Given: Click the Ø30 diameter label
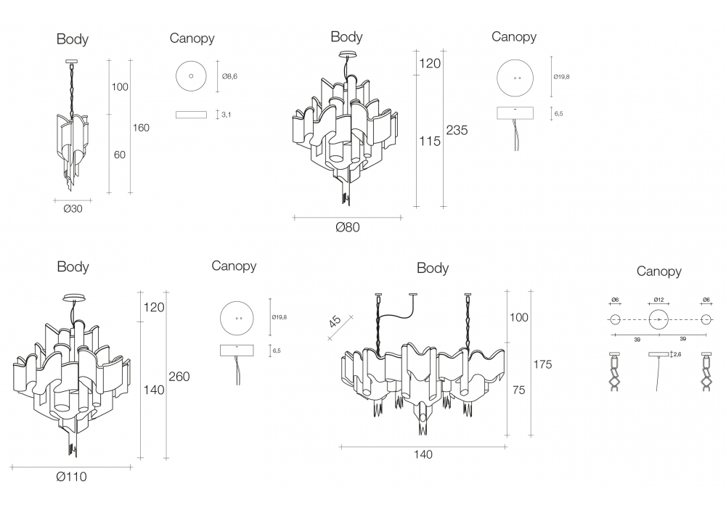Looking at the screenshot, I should [73, 208].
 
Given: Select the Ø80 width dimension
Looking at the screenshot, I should [348, 227].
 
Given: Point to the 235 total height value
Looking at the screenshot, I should [457, 131].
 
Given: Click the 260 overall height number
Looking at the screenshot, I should [180, 377].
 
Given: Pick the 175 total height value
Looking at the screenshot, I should [542, 364].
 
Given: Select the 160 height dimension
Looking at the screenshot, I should [141, 128].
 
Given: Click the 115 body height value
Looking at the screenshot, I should [430, 141].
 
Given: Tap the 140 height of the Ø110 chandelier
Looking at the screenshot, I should [153, 390].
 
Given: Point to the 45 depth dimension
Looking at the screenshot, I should [335, 320].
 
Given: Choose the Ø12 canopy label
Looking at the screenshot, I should [658, 300].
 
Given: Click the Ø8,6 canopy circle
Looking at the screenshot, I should [192, 75].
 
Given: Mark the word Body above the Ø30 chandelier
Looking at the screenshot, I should [73, 38].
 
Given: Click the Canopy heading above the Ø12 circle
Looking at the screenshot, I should [658, 271].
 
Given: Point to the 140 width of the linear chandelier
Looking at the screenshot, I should [423, 455].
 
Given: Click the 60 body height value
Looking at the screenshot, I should [120, 155].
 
